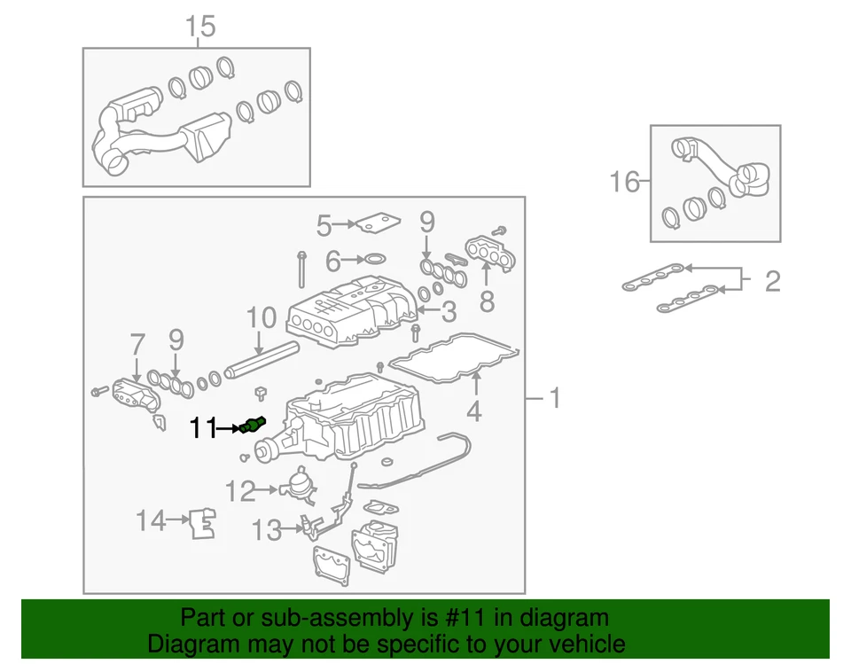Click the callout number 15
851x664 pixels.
[x=200, y=27]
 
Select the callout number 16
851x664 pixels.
[x=624, y=183]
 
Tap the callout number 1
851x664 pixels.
[x=554, y=399]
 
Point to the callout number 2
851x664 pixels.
[x=772, y=282]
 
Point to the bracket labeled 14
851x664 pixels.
[x=202, y=523]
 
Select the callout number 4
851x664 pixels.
[x=474, y=411]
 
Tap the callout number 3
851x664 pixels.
[x=449, y=311]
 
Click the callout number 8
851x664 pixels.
[x=487, y=301]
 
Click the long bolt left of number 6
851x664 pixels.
[x=302, y=270]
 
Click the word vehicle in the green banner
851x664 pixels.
[x=583, y=644]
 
